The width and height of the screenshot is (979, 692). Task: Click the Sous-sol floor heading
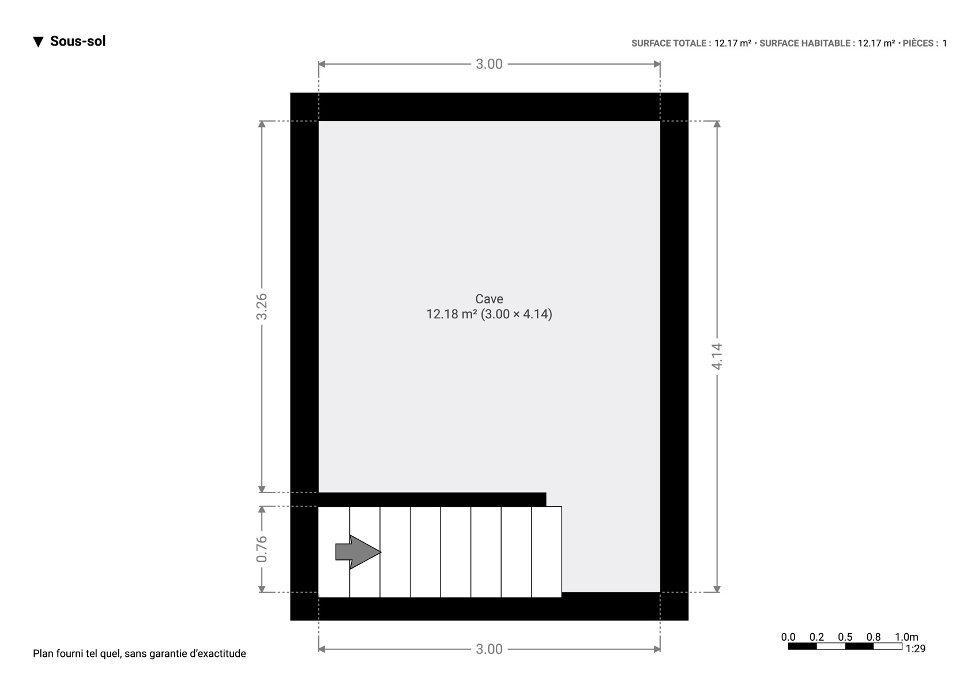click(78, 41)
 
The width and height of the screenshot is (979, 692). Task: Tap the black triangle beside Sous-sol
click(39, 42)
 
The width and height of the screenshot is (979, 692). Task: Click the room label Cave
click(489, 299)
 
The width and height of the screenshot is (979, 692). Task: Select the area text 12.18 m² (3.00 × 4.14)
click(489, 314)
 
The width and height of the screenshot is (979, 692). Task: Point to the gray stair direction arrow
click(358, 552)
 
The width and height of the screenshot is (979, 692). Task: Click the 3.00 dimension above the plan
click(489, 64)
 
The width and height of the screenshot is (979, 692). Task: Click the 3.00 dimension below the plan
click(489, 649)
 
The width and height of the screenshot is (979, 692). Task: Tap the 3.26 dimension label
click(261, 306)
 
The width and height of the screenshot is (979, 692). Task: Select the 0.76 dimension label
click(261, 549)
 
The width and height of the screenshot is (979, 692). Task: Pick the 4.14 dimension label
click(717, 357)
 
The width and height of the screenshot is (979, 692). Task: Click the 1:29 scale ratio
click(916, 649)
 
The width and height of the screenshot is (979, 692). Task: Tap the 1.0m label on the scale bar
click(906, 637)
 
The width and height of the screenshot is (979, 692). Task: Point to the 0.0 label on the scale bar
click(788, 637)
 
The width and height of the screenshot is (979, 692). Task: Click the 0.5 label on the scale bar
click(845, 637)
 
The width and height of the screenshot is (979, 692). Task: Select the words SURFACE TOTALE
click(669, 43)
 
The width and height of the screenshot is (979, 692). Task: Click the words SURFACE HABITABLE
click(805, 43)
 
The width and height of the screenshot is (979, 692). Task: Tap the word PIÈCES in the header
click(918, 43)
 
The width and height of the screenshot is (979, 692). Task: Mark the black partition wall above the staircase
click(432, 499)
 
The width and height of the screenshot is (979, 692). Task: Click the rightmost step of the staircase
click(547, 552)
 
